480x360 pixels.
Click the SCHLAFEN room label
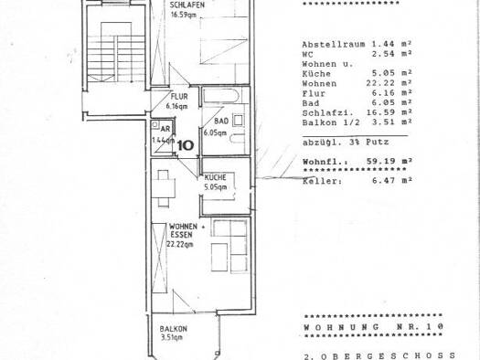tap(187, 5)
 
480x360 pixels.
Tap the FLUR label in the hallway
tap(179, 97)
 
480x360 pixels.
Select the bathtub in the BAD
tap(221, 95)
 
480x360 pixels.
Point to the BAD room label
tap(221, 122)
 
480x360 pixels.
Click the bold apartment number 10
tap(186, 145)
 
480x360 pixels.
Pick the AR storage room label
tap(165, 129)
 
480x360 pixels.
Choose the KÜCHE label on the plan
tap(215, 177)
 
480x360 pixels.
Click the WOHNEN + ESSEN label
tap(187, 230)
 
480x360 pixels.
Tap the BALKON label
tap(174, 329)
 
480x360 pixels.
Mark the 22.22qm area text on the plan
tap(180, 244)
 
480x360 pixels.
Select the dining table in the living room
tap(163, 188)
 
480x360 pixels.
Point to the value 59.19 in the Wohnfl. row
tap(380, 161)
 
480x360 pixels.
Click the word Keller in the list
tap(323, 181)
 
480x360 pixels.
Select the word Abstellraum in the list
tap(334, 45)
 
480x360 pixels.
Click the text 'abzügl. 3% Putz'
tap(346, 143)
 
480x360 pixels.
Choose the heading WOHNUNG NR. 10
tap(373, 327)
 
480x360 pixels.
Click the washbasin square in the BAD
tap(238, 121)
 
